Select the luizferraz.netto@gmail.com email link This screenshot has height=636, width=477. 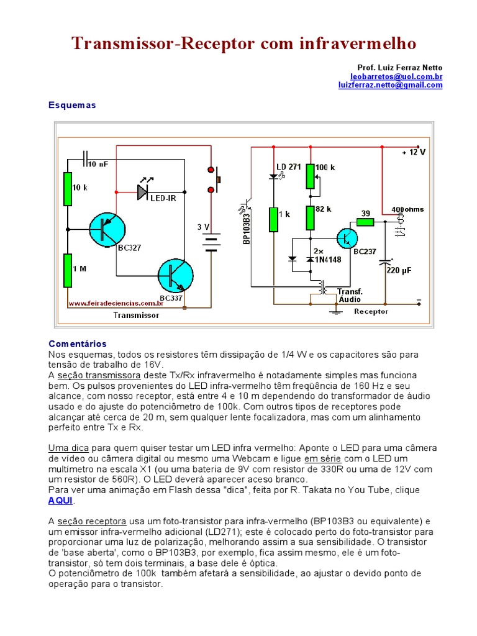click(x=390, y=85)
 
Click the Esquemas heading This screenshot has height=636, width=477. click(x=72, y=106)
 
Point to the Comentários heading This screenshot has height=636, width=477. click(x=78, y=343)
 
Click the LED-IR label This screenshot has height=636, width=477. click(x=163, y=198)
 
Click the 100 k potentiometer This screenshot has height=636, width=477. click(x=310, y=176)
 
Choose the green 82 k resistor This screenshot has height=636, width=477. click(x=310, y=217)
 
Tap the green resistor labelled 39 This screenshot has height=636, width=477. click(x=365, y=222)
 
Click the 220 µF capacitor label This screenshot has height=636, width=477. click(x=398, y=270)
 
